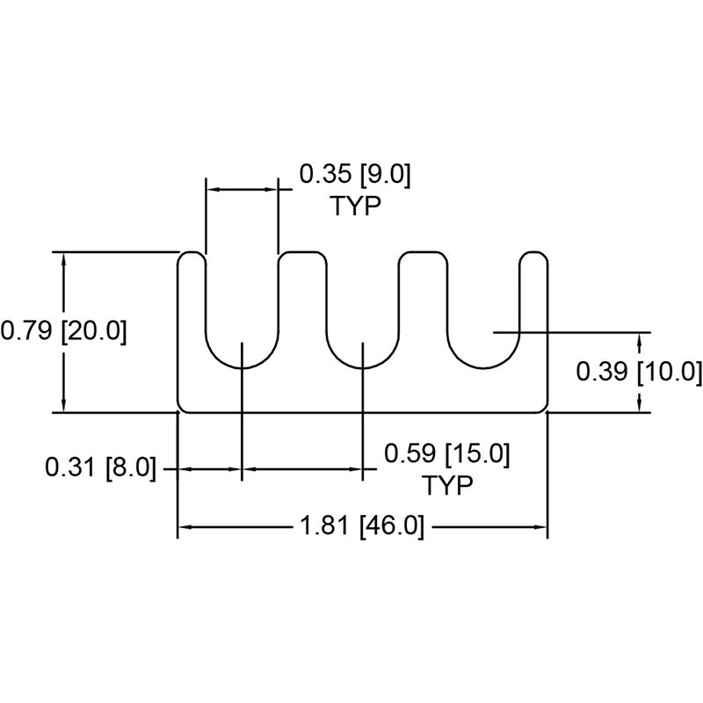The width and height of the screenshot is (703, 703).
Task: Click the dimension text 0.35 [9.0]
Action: (355, 174)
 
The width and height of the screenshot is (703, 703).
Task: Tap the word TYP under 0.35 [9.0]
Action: (356, 207)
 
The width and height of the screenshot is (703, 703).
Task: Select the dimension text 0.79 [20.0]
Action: (63, 331)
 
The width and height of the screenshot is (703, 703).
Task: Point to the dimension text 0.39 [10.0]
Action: (639, 371)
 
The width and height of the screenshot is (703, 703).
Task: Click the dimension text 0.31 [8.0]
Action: (101, 467)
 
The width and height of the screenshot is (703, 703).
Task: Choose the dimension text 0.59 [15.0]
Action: (447, 453)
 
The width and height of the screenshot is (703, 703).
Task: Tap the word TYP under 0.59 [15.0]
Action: (447, 485)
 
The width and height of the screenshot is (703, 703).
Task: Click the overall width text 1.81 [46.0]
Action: (361, 525)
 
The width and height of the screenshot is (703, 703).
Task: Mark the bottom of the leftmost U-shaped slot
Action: (243, 368)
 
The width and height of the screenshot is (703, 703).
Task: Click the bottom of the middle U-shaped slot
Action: (363, 368)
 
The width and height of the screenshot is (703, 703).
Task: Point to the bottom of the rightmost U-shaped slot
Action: (483, 368)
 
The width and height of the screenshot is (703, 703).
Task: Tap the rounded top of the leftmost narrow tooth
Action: (192, 252)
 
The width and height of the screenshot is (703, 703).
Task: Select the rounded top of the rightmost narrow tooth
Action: (533, 252)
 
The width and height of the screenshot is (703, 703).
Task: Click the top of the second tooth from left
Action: (302, 252)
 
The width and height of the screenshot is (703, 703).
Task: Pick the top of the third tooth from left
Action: (423, 252)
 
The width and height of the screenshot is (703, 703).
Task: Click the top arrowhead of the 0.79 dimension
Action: (63, 257)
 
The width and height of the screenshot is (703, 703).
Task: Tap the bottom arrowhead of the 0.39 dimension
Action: (640, 406)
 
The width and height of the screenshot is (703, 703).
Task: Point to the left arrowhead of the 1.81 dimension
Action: (185, 527)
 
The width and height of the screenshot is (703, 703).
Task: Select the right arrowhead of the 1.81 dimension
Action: (540, 527)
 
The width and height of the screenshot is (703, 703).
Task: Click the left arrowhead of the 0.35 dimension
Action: (213, 190)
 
